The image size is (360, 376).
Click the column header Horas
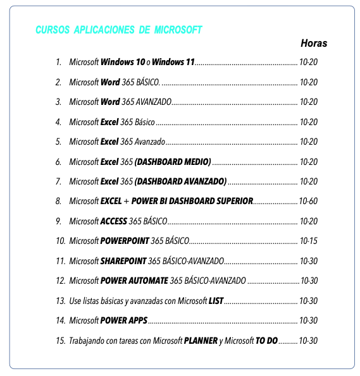[314, 44]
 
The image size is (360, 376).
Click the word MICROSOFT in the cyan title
[178, 30]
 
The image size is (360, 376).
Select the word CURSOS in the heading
[53, 30]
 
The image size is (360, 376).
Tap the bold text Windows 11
[173, 63]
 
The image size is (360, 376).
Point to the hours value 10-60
[308, 202]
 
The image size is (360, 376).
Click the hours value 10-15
[308, 241]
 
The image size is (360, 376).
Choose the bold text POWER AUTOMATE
[134, 281]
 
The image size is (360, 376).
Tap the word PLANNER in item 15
[201, 341]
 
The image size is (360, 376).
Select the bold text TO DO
[266, 341]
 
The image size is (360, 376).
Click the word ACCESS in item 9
[114, 222]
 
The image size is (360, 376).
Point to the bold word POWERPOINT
[125, 241]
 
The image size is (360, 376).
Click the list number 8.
[58, 202]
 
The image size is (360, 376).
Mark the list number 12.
[60, 281]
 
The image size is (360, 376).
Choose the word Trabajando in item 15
[87, 341]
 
